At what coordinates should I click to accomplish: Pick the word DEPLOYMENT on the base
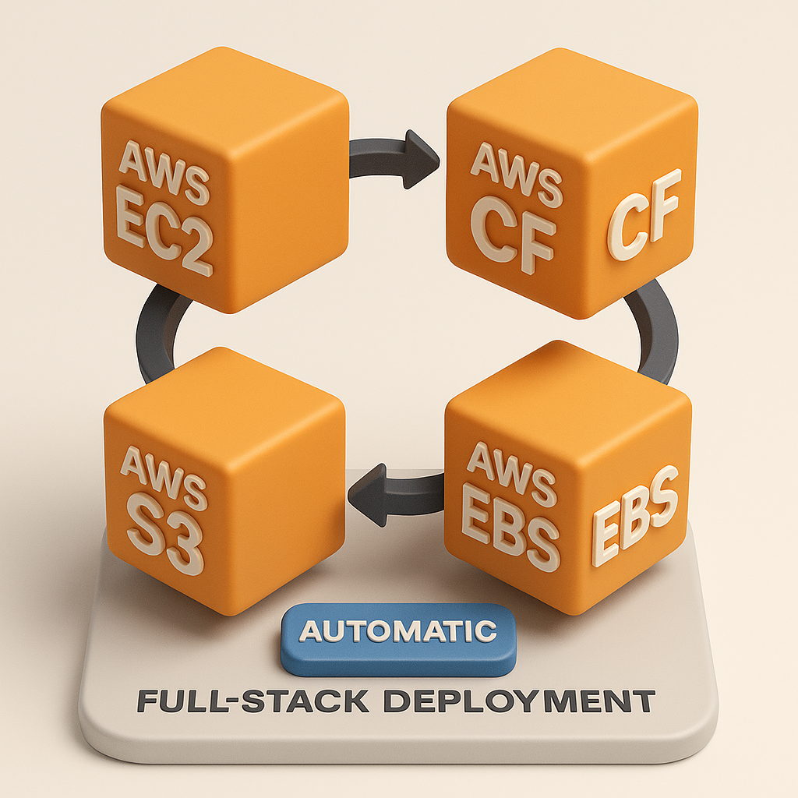click(x=521, y=701)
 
